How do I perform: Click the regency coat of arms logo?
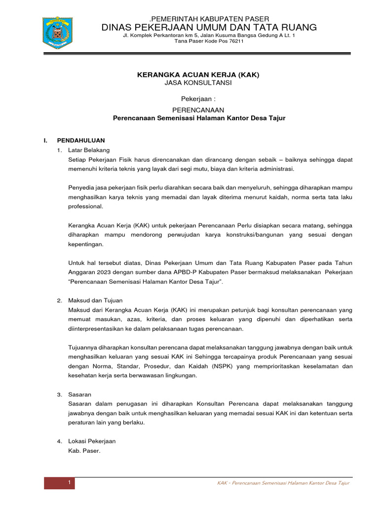click(x=58, y=33)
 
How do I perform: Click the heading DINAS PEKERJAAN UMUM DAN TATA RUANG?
click(x=209, y=27)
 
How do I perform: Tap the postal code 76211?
click(x=235, y=41)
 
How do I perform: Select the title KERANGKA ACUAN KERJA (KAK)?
click(x=198, y=74)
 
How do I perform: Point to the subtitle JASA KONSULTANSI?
click(x=198, y=83)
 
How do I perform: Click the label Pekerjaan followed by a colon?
click(x=198, y=99)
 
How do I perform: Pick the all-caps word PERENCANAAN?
click(x=198, y=110)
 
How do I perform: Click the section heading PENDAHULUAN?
click(x=81, y=140)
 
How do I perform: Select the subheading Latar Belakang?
click(x=89, y=150)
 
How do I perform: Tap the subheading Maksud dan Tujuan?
click(x=95, y=300)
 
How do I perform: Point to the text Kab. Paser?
click(x=84, y=451)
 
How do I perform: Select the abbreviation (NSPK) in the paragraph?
click(x=225, y=366)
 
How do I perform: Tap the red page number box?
click(x=60, y=482)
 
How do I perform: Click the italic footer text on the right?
click(x=283, y=483)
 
